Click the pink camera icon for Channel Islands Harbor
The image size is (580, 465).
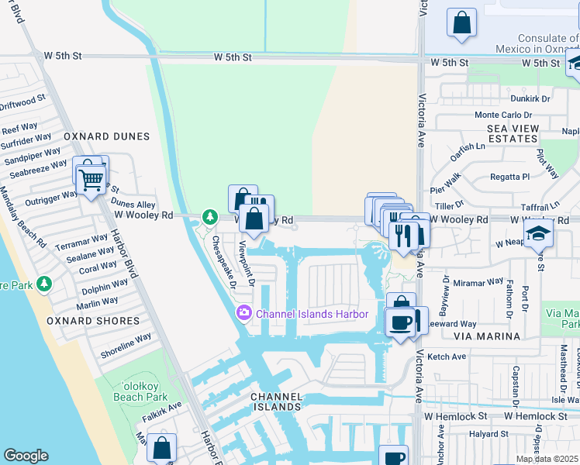244,313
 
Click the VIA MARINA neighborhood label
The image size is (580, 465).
489,336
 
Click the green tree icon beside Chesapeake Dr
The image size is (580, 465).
208,216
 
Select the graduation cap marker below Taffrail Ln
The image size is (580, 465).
537,232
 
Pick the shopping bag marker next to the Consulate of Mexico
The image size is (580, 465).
461,23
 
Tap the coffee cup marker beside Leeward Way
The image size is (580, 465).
400,322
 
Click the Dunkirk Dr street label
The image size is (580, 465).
530,98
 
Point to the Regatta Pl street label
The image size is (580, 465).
510,177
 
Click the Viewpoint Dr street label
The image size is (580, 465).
247,263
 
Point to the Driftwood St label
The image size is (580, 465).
23,102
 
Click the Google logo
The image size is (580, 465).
26,456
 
